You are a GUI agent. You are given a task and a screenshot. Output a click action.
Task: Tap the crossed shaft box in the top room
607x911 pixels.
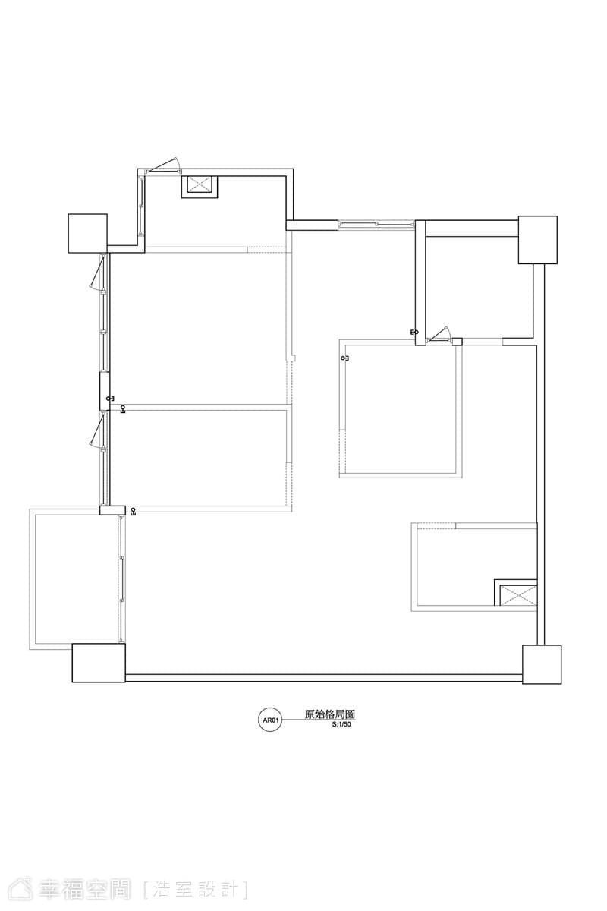point(200,187)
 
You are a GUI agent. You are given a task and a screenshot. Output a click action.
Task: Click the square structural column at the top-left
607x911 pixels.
point(88,234)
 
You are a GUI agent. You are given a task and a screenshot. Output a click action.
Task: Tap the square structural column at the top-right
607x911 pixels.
point(537,240)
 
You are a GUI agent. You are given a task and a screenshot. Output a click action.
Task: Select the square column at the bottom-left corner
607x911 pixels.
point(99,663)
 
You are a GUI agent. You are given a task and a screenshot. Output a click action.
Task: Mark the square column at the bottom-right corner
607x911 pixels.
point(542,664)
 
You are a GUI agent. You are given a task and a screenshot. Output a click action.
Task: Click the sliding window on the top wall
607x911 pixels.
point(376,224)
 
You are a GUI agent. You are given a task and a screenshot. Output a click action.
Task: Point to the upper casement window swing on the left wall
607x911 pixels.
point(98,271)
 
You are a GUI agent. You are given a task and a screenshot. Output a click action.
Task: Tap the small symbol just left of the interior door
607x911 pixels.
point(414,332)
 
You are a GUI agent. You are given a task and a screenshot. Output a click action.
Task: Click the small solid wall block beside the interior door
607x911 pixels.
point(458,342)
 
